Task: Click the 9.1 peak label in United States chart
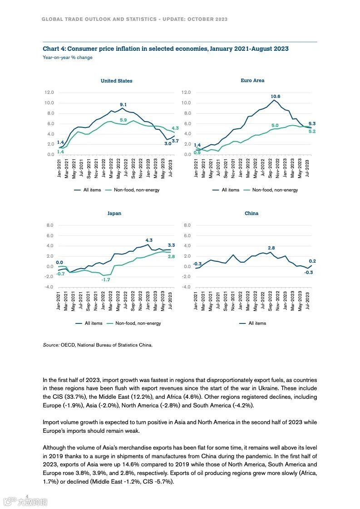click(123, 105)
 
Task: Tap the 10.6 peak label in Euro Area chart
click(276, 97)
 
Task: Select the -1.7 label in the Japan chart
click(106, 280)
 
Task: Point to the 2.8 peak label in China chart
click(271, 248)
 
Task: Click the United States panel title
click(117, 81)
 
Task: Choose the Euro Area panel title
click(252, 80)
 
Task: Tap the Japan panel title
click(114, 213)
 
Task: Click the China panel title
click(252, 213)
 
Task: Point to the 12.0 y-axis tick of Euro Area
click(186, 93)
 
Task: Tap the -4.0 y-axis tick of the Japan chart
click(49, 287)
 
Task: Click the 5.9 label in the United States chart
click(123, 120)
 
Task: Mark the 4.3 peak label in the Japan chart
click(149, 240)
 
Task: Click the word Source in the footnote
click(51, 345)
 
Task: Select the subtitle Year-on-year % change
click(68, 58)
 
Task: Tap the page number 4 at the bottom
click(28, 496)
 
